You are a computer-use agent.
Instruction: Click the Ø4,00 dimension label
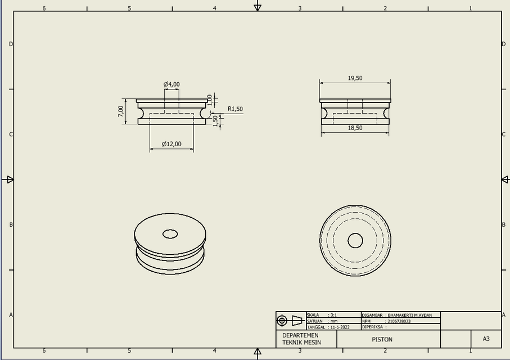171,84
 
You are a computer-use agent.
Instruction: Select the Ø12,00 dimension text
171,144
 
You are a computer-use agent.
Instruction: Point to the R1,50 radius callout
235,109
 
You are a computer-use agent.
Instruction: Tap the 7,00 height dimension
121,111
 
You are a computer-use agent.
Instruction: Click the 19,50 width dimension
355,79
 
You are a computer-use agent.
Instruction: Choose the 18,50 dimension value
355,128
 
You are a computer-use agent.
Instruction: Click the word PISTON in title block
382,339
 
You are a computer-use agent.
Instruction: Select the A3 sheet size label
486,339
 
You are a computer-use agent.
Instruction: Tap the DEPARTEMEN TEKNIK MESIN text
301,339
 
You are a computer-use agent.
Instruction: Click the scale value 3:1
333,315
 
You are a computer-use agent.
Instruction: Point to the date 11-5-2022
340,327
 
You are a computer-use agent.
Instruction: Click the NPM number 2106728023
399,321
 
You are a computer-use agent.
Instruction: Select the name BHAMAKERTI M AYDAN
410,315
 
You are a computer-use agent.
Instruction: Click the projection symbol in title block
290,321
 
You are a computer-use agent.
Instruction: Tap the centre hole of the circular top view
355,241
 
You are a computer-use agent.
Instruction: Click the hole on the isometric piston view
170,233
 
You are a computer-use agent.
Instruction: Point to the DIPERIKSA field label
373,327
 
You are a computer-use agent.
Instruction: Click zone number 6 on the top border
44,8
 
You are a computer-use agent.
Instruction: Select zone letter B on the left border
10,224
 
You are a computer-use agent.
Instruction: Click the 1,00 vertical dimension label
210,100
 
